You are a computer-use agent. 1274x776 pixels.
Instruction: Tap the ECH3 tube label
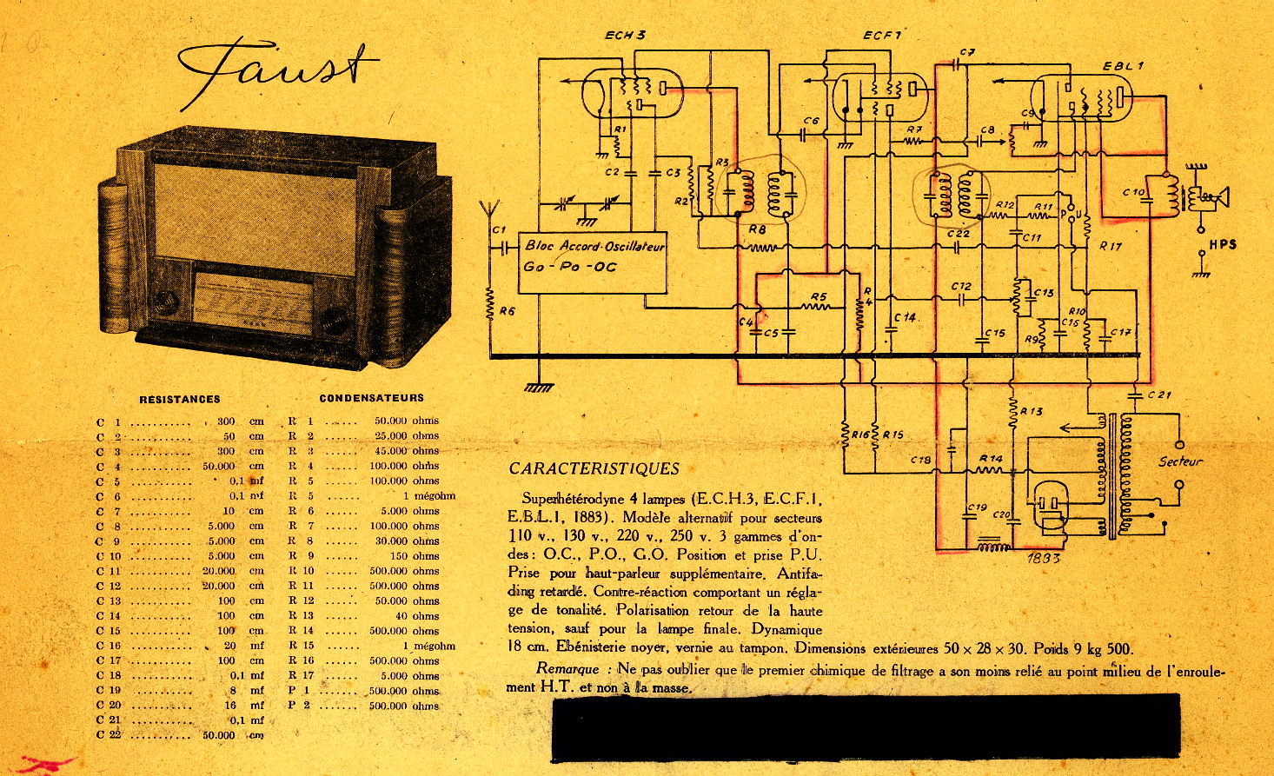point(625,36)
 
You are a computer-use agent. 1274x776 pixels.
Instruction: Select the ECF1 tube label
point(882,36)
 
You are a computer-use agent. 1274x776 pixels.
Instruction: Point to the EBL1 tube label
point(1123,66)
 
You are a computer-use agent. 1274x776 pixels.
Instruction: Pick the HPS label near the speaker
point(1222,245)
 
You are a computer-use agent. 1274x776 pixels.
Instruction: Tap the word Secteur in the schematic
point(1180,461)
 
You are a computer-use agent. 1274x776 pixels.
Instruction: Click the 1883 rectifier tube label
point(1043,558)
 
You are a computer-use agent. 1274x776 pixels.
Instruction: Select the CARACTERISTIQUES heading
point(594,469)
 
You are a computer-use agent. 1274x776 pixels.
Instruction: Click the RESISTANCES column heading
point(180,400)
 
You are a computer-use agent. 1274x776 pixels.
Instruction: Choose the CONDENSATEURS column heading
point(372,398)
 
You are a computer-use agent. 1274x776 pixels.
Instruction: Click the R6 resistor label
point(507,310)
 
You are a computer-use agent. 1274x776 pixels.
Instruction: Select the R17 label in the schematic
point(1110,246)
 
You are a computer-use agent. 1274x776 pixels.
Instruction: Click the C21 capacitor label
point(1159,395)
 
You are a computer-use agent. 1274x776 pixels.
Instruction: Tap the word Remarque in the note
point(567,669)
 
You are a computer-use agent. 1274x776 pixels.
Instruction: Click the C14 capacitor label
point(906,318)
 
